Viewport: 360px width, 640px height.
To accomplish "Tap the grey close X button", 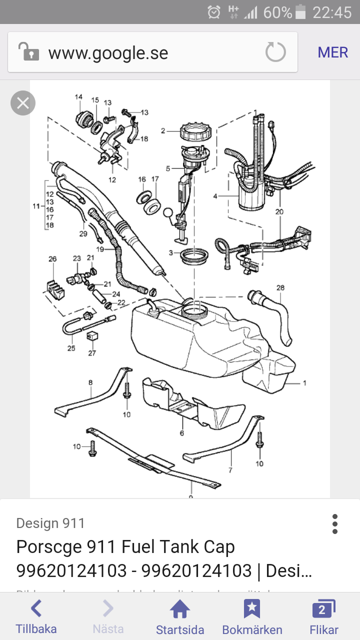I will click(23, 103).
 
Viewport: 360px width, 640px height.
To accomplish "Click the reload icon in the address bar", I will click(275, 52).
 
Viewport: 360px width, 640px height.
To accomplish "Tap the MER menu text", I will click(332, 52).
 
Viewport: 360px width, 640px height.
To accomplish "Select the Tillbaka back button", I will click(36, 617).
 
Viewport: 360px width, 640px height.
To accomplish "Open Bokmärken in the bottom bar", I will click(252, 617).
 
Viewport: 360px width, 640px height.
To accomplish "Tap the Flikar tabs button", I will click(324, 617).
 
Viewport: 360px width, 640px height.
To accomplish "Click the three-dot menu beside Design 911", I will click(335, 524).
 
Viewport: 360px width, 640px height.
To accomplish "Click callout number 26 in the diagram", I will click(52, 259).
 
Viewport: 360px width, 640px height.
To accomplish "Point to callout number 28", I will click(280, 287).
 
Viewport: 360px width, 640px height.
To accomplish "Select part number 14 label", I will click(78, 96).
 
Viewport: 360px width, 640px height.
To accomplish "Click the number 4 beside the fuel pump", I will click(215, 196).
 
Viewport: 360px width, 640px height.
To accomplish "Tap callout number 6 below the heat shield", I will click(182, 433).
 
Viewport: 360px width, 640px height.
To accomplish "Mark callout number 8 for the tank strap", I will click(90, 382).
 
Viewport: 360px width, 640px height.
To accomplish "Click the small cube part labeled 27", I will click(91, 336).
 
